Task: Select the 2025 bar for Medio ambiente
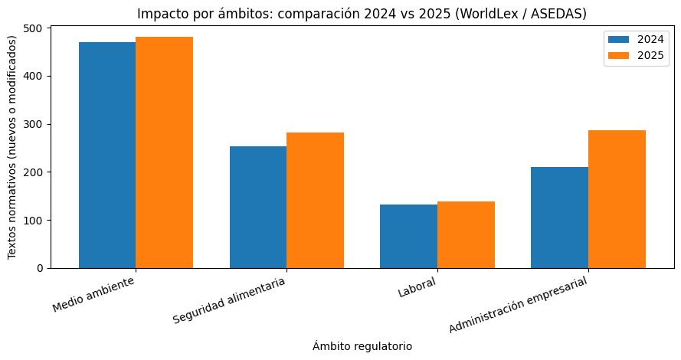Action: (x=164, y=152)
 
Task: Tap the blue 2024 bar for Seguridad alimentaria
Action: (x=258, y=207)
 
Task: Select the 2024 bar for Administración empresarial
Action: (x=560, y=218)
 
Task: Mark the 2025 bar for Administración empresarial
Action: (x=617, y=199)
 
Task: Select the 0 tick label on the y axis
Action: (x=41, y=268)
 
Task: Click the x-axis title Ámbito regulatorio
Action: (x=362, y=346)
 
